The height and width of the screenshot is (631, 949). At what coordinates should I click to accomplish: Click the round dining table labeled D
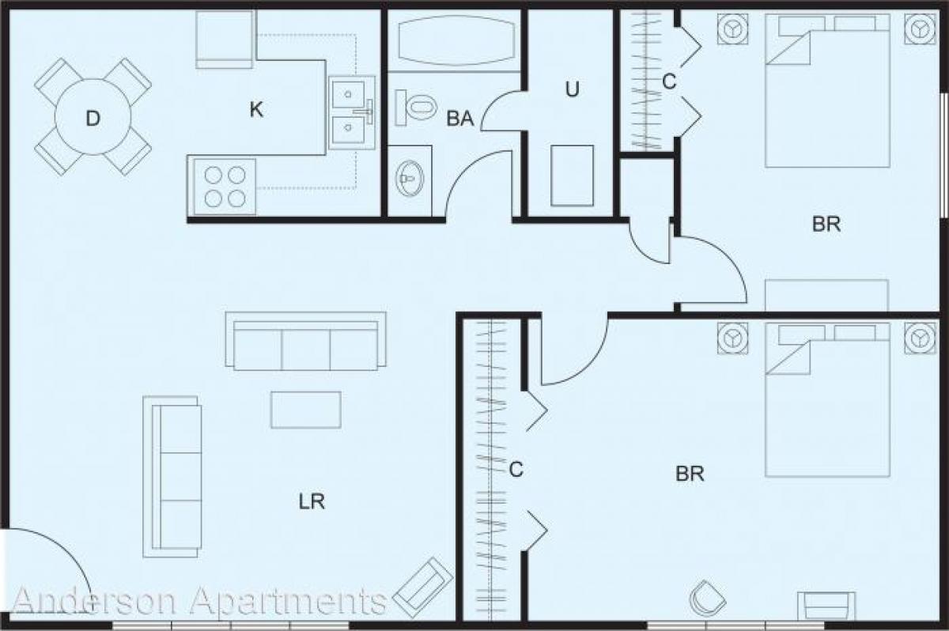click(93, 118)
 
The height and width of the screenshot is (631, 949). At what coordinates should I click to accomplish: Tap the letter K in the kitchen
click(255, 110)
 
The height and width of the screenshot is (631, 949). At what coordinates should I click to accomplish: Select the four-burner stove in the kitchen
click(222, 187)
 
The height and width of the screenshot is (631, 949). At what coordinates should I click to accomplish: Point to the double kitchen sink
click(352, 113)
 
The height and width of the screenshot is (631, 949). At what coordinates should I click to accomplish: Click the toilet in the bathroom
click(416, 106)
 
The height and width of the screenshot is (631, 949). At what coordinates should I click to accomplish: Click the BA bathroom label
click(460, 119)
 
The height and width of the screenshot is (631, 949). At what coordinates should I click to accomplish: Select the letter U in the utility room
click(572, 89)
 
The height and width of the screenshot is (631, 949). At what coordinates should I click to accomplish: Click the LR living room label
click(312, 501)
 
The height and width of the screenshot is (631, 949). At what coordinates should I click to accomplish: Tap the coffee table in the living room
click(306, 410)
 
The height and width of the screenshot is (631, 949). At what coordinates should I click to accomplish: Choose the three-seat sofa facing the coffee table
click(306, 340)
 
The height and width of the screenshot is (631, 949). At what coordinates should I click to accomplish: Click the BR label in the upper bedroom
click(826, 225)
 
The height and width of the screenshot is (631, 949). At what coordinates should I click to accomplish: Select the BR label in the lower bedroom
click(690, 474)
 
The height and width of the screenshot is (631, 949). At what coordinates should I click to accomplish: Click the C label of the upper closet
click(669, 81)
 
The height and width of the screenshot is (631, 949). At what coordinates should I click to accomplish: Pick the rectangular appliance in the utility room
click(572, 176)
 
